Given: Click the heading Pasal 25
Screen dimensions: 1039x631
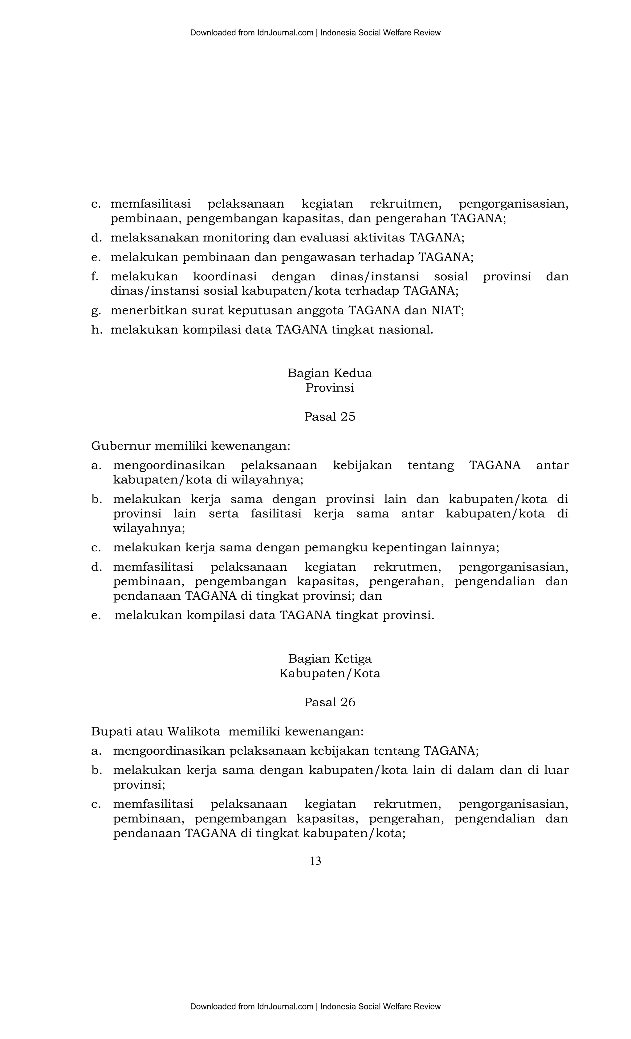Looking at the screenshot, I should point(329,416).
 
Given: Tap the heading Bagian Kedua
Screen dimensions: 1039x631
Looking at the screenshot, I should point(329,373).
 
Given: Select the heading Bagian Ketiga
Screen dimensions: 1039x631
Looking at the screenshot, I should point(329,659).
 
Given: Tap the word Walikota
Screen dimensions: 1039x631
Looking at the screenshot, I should point(193,731).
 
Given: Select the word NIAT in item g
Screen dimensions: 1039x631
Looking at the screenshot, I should point(447,310).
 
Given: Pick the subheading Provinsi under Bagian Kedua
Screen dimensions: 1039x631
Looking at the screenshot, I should point(329,388).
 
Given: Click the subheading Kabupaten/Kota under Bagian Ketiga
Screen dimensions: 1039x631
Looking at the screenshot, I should point(329,673).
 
